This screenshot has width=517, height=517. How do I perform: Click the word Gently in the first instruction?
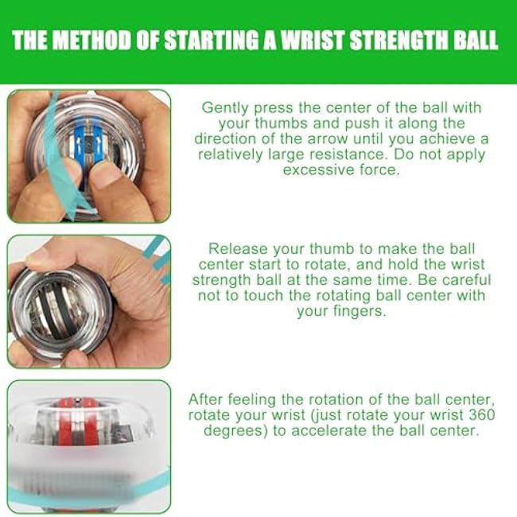pyautogui.click(x=225, y=107)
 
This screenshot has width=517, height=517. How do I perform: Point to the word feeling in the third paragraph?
pyautogui.click(x=255, y=399)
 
